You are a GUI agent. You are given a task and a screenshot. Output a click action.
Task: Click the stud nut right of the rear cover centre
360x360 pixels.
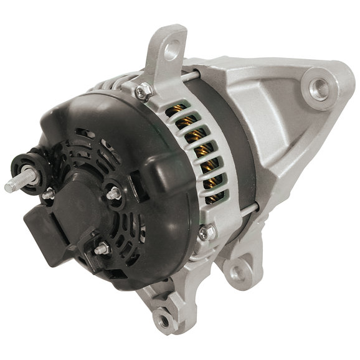tap(112, 194)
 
